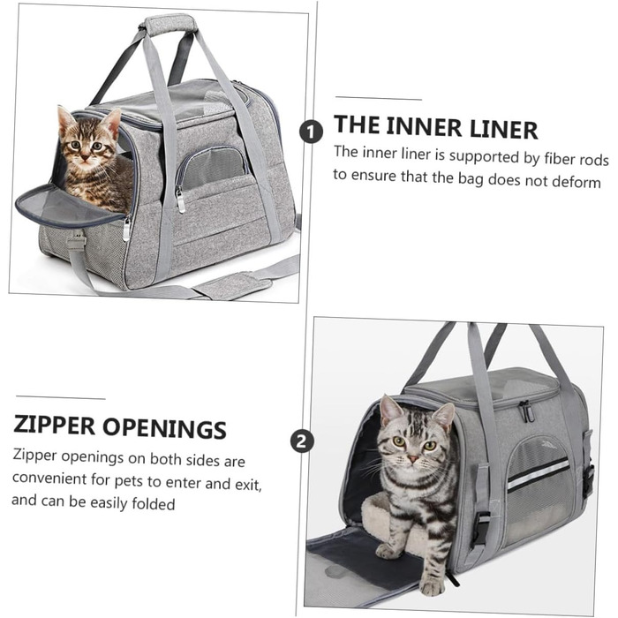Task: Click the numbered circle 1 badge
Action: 311,132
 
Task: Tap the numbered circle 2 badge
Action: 302,441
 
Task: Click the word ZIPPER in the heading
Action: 54,425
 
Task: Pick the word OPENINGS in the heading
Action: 165,428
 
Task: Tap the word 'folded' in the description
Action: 154,503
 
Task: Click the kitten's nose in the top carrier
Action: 85,156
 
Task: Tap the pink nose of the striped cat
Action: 412,458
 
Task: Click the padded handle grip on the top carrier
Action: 170,24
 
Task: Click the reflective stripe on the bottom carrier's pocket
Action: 539,475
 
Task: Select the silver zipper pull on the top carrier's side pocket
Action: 181,200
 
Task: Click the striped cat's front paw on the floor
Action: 432,588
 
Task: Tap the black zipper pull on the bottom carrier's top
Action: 526,411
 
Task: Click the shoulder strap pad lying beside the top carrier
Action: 231,285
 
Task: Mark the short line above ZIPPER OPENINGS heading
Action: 61,397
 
